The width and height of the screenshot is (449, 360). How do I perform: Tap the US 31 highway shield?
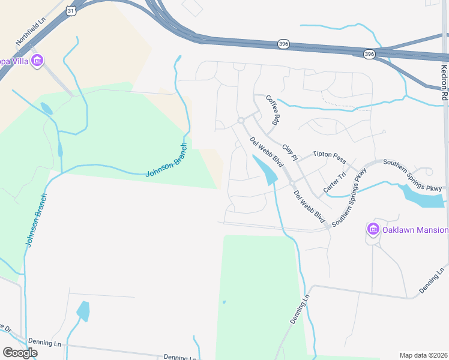(71, 11)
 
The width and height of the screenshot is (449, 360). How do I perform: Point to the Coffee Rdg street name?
(272, 109)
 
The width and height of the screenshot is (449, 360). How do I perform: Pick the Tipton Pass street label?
(329, 157)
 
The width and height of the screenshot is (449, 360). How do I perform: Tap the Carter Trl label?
(334, 181)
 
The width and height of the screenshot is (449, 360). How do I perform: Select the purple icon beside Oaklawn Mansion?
(373, 230)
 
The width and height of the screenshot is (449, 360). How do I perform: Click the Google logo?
(20, 352)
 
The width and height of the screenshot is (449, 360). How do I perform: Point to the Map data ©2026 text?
(423, 355)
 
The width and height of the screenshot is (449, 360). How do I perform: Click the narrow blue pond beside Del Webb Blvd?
(265, 169)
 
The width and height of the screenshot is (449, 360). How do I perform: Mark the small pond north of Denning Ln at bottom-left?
(83, 311)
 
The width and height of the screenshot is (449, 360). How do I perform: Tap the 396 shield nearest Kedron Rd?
(369, 54)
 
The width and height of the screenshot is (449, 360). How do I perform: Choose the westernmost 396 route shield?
(284, 44)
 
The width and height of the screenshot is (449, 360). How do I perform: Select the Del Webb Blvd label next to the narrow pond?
(267, 152)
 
